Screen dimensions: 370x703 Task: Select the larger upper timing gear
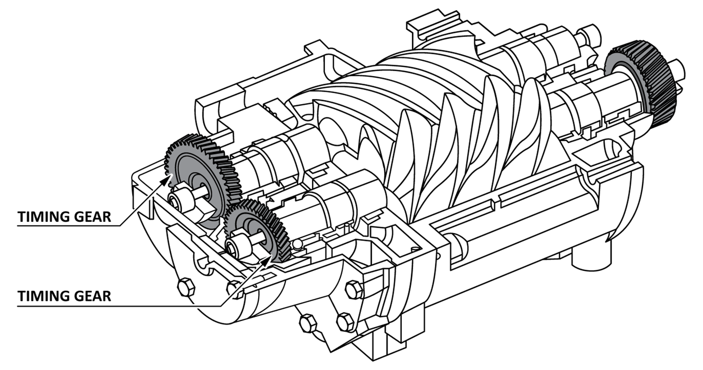[199, 173]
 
